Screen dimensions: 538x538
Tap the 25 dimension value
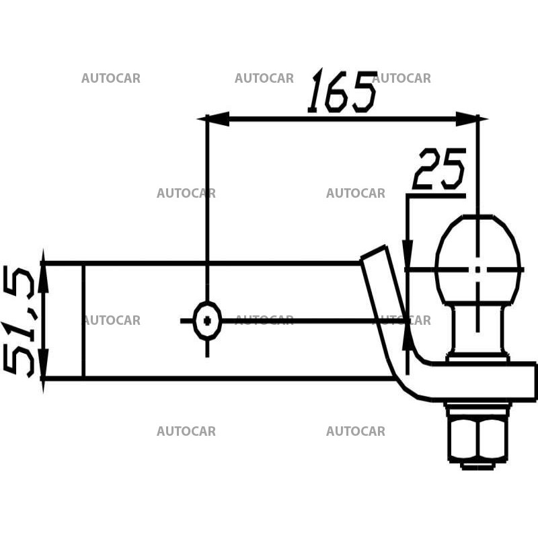tap(439, 169)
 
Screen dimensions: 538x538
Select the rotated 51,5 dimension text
tap(20, 321)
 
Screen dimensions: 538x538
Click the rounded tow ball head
tap(478, 259)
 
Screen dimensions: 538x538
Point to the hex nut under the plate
tap(477, 437)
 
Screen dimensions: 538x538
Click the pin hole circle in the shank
tap(207, 321)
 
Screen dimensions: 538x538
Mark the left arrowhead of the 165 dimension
tap(215, 119)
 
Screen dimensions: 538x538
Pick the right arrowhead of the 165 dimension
tap(468, 119)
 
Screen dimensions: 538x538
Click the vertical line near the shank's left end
tap(83, 321)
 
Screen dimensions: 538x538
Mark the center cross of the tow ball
tap(478, 269)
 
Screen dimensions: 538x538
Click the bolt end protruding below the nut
tap(477, 465)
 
